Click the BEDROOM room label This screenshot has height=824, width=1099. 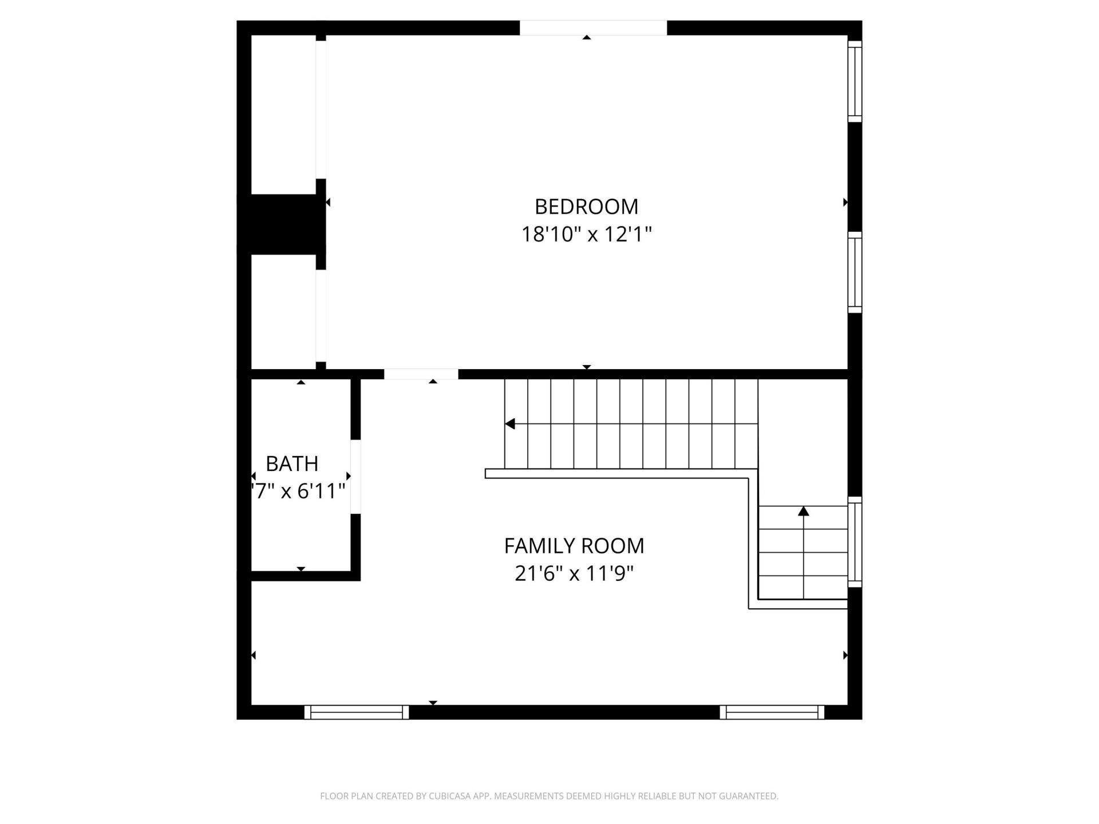click(586, 207)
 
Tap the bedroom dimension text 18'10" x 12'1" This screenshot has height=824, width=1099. click(586, 234)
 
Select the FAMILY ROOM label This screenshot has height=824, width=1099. click(574, 546)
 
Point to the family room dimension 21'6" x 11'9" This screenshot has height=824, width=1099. click(574, 573)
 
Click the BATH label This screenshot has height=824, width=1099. click(292, 463)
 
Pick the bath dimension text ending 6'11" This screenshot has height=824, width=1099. click(299, 491)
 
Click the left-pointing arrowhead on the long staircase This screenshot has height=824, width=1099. click(510, 424)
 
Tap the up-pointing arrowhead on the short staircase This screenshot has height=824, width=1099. click(804, 511)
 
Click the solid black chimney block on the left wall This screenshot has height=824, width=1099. click(280, 224)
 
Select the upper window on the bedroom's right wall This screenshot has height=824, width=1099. click(855, 81)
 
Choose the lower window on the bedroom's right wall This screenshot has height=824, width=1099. click(855, 272)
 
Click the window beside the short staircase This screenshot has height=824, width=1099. click(855, 541)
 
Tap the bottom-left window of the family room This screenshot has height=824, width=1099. click(356, 712)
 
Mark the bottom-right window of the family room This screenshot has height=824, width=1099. click(772, 712)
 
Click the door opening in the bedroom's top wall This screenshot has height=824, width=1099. click(593, 28)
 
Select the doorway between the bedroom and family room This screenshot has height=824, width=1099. click(421, 374)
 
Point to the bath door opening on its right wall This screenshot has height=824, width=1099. click(355, 476)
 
